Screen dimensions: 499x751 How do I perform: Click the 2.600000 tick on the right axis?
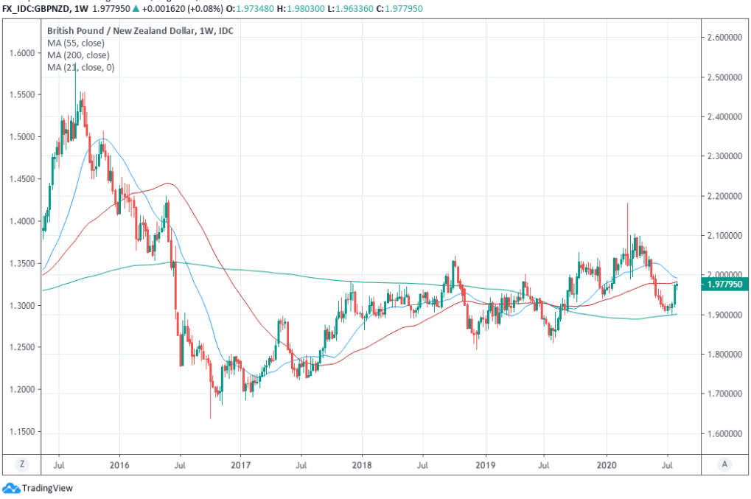pos(724,37)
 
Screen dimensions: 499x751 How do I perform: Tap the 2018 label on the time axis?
pos(361,465)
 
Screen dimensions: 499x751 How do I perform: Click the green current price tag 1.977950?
pos(725,284)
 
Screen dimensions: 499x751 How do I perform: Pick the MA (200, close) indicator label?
pos(78,55)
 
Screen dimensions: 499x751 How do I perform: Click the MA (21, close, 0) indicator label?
pos(80,68)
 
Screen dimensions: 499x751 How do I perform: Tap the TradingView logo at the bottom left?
pos(38,488)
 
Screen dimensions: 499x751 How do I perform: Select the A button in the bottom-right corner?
pos(725,465)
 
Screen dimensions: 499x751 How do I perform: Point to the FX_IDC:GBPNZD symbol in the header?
pos(35,7)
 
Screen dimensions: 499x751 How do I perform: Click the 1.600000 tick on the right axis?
pos(724,433)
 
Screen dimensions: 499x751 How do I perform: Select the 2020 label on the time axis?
pos(606,465)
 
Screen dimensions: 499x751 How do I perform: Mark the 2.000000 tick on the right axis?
pos(724,275)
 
